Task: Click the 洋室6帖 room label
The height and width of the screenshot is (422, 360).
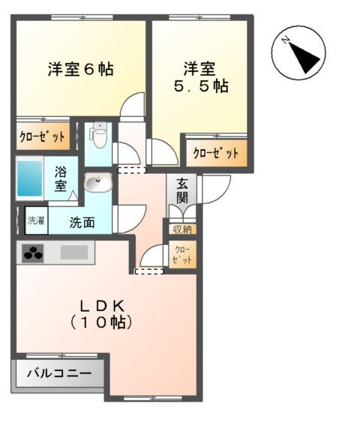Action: click(80, 70)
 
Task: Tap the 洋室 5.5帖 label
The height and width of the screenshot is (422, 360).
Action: click(200, 77)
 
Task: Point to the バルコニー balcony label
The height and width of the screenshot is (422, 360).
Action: click(59, 373)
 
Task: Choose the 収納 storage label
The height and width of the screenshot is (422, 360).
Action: click(182, 229)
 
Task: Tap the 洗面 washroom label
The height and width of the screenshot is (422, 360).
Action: click(82, 222)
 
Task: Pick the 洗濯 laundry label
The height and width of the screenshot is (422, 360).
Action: click(36, 220)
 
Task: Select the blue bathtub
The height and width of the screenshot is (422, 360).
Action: click(30, 178)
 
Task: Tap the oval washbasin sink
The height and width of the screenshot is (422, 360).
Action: click(97, 183)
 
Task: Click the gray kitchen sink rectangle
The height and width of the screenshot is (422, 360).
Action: click(75, 253)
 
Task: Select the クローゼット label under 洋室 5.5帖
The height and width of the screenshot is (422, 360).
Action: click(216, 154)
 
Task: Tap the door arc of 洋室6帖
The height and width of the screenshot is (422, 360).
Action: click(133, 107)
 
